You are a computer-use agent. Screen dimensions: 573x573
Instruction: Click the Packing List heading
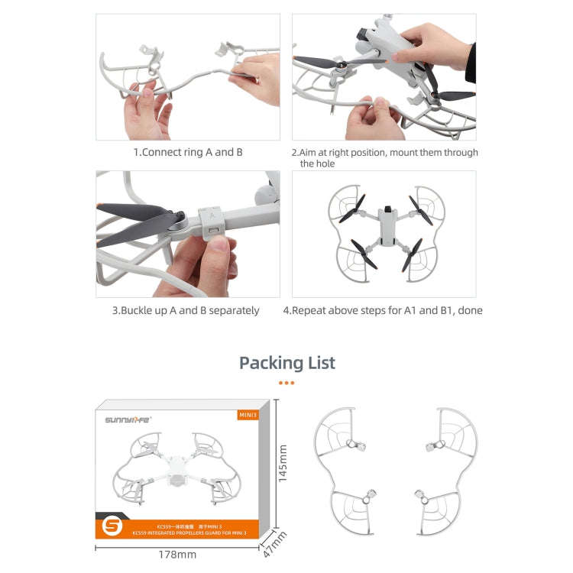tap(286, 362)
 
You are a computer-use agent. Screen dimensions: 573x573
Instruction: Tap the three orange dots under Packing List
tap(286, 383)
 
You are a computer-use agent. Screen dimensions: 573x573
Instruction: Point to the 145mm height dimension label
tap(283, 465)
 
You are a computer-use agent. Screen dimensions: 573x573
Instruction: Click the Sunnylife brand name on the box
tap(128, 419)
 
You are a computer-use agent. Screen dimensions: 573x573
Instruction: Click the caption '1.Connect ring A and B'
tap(188, 152)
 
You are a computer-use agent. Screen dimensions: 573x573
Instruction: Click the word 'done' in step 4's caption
tap(469, 310)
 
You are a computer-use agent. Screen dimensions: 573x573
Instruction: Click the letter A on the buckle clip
tap(210, 216)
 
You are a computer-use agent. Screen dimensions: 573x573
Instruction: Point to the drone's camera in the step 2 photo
tap(364, 36)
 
